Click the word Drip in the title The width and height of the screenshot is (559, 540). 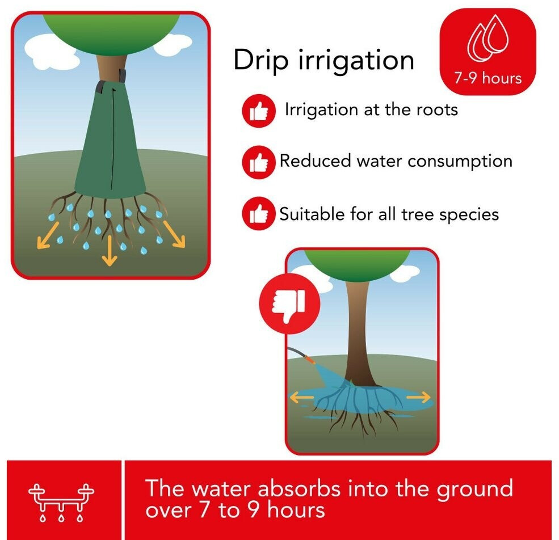click(261, 61)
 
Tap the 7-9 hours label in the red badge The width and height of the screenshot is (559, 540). click(487, 78)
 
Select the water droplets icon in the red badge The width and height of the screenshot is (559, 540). click(487, 37)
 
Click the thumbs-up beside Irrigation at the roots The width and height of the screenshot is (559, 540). click(259, 111)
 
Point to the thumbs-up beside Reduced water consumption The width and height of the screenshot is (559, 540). click(259, 162)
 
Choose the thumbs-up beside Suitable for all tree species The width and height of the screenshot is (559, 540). click(259, 213)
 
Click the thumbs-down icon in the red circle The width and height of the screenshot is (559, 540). click(289, 303)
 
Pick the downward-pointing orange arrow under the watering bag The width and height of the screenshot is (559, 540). click(110, 251)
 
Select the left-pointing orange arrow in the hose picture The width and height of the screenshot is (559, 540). click(301, 398)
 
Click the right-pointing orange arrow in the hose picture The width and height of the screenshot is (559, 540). click(418, 397)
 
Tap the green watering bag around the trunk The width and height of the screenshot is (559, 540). click(110, 140)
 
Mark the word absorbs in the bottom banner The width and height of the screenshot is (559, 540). click(299, 488)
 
